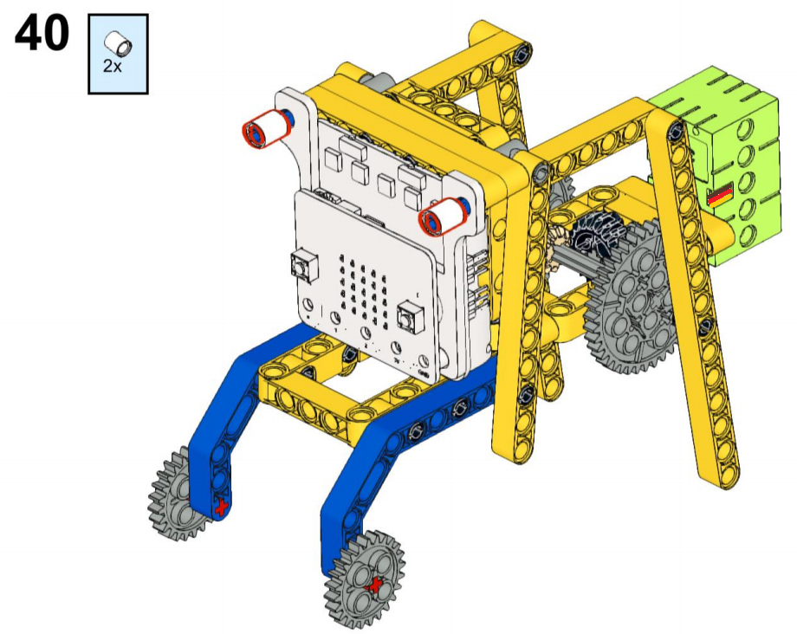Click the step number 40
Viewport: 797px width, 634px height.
pos(42,33)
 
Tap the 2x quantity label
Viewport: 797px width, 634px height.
pos(113,66)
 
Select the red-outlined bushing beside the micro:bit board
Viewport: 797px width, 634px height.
pos(442,217)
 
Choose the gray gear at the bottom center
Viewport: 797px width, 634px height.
pos(365,579)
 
